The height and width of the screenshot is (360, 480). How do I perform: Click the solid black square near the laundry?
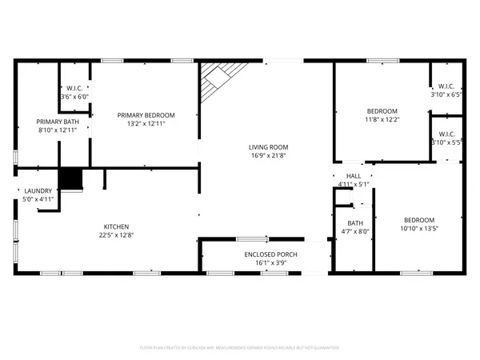tap(72, 178)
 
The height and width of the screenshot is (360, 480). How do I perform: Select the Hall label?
tap(353, 176)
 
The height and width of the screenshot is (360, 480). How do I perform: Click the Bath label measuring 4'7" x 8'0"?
tap(354, 223)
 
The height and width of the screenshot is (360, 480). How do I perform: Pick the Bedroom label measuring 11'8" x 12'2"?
tap(382, 111)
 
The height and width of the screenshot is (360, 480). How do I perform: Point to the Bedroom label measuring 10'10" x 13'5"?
tap(418, 220)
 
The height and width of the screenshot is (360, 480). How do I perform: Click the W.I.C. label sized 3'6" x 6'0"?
tap(74, 87)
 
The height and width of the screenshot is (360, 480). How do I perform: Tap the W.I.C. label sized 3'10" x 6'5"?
tap(446, 86)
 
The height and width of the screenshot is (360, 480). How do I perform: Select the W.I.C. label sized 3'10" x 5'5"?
tap(446, 134)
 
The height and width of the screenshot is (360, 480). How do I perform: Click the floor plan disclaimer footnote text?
tap(240, 348)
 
